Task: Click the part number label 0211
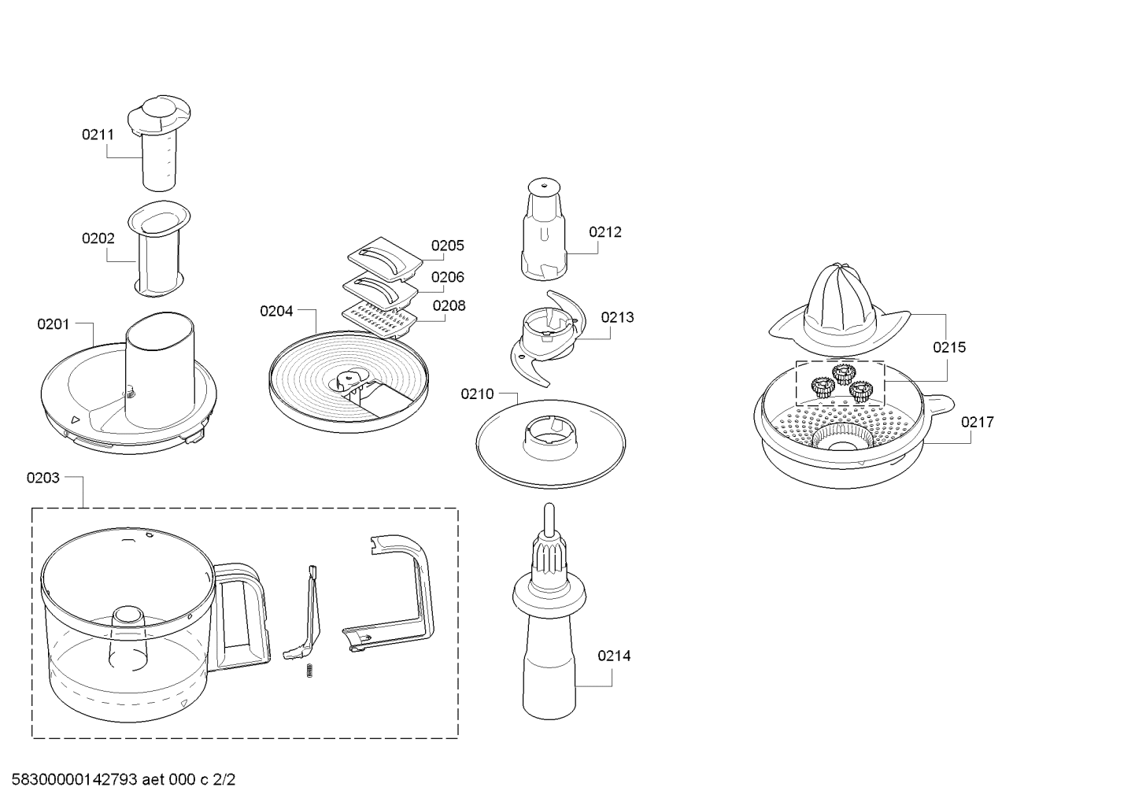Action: [x=98, y=135]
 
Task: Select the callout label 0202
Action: [x=98, y=238]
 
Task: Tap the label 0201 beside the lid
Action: [x=54, y=324]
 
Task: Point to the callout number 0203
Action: [x=43, y=478]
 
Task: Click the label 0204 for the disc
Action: [x=276, y=311]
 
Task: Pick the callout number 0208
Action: [x=449, y=305]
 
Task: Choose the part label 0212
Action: [x=605, y=232]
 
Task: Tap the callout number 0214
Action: [x=614, y=656]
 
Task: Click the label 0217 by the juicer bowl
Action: [x=978, y=422]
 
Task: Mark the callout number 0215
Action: [x=949, y=348]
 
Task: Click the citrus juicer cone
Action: [x=840, y=310]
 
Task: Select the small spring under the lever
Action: [x=309, y=671]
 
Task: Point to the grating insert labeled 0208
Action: [x=379, y=320]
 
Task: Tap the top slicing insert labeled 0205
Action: [x=385, y=259]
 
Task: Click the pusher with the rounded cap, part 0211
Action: [x=159, y=142]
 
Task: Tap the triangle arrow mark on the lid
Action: [x=76, y=419]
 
